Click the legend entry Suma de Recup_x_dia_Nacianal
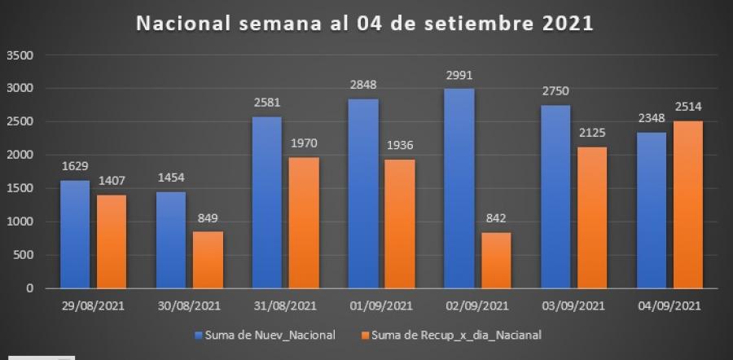455,335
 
